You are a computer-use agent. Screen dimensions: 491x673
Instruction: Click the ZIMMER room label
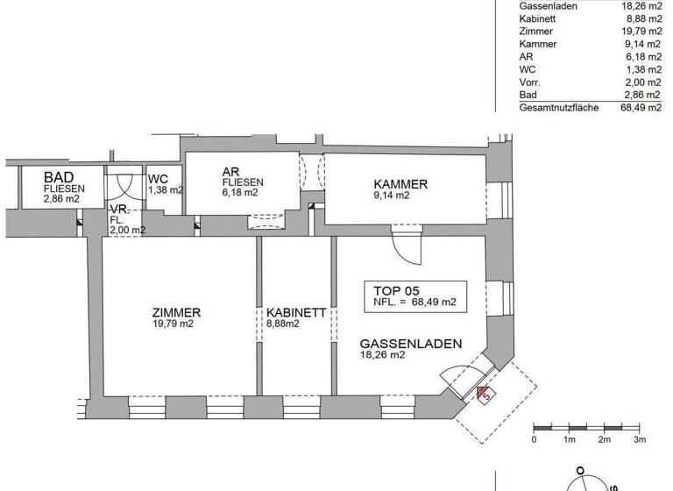tap(176, 312)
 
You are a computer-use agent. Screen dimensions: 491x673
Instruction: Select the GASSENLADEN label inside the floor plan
tap(410, 344)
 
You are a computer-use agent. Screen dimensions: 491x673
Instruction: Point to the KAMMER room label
tap(400, 184)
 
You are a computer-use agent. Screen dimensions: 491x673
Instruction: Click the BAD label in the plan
tap(59, 176)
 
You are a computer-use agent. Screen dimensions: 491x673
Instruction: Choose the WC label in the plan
tap(158, 178)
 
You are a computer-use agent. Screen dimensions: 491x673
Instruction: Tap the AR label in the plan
tap(231, 172)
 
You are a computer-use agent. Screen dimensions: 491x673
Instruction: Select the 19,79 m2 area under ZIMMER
tap(173, 324)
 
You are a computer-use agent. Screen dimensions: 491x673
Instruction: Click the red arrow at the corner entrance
tap(482, 391)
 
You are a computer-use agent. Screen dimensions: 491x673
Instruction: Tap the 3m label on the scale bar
tap(640, 438)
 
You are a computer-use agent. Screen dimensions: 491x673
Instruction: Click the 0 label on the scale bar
tap(535, 438)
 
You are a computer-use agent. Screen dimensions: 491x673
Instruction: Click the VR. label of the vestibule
tap(118, 210)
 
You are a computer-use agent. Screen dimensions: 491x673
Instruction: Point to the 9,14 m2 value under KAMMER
tap(392, 196)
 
